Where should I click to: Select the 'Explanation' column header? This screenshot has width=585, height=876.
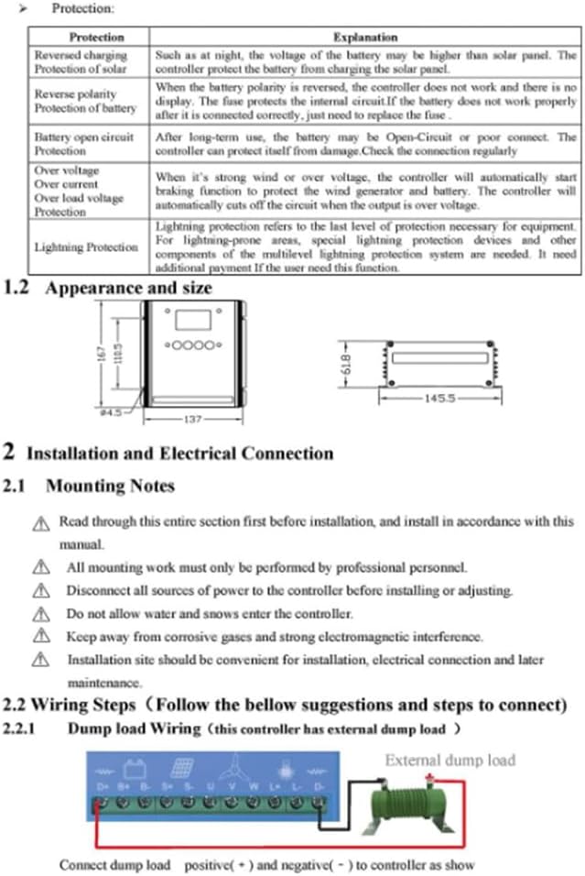point(364,38)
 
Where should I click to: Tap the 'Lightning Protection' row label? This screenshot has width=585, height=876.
point(86,247)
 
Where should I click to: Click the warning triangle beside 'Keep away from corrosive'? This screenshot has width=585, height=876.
point(39,637)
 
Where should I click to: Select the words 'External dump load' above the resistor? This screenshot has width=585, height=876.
point(450,760)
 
